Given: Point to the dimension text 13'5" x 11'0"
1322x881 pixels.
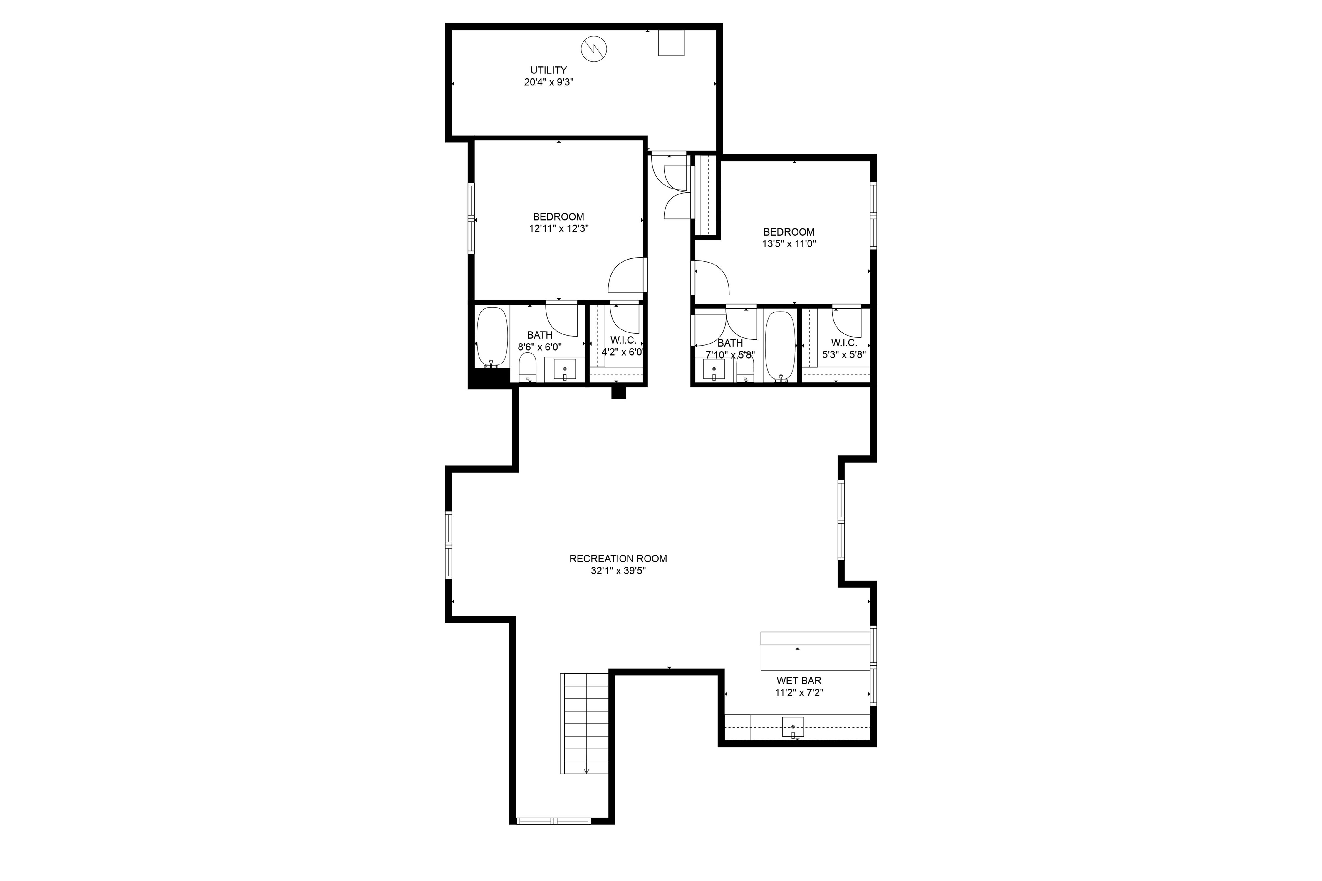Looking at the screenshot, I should (x=788, y=244).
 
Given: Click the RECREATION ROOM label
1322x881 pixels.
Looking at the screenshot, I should (x=618, y=559).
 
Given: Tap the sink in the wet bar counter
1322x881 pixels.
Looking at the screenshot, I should (x=793, y=727).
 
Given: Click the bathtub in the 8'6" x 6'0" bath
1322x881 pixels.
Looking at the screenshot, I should (x=492, y=337).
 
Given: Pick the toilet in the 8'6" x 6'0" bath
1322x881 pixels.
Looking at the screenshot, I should (x=527, y=368).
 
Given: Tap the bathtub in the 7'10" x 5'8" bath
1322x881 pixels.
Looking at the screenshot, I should (x=780, y=347).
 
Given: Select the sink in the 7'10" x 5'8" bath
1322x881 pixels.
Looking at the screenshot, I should (x=714, y=370).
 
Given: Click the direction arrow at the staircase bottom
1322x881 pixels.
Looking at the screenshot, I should (x=586, y=771).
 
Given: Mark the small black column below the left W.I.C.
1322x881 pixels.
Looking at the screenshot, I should (x=618, y=393).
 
